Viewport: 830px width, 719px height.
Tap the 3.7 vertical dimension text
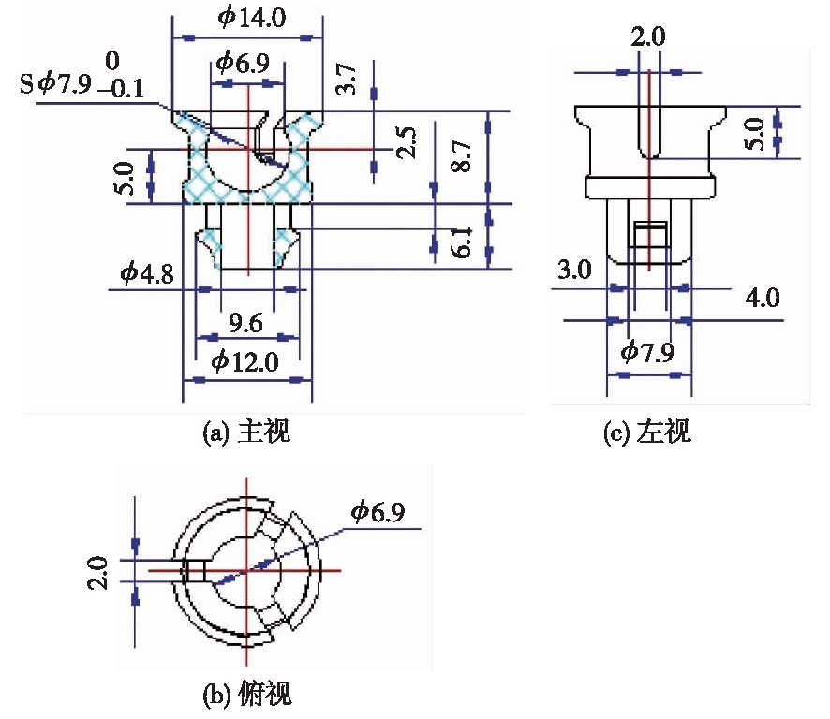click(346, 79)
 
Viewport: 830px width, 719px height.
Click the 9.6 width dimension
click(246, 321)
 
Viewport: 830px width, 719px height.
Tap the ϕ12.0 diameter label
click(246, 361)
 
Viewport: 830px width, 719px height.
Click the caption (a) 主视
click(247, 433)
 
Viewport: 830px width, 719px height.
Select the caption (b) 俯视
click(247, 695)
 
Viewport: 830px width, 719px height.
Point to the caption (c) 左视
click(649, 433)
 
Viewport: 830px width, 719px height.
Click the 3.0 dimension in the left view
click(573, 271)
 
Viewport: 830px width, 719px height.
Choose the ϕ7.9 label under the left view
click(648, 353)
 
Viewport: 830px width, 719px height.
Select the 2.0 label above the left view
click(647, 37)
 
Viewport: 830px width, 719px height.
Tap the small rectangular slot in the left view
click(648, 234)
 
